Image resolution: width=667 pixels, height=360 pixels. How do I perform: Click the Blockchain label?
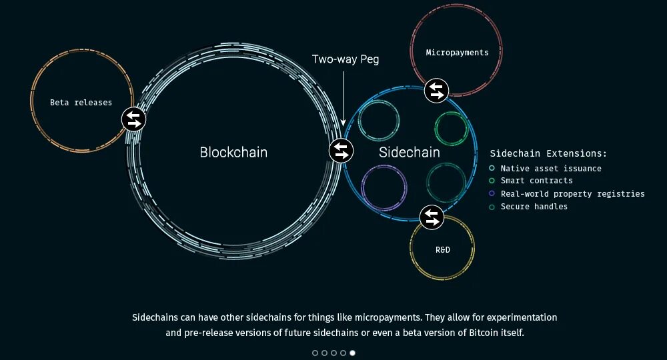233,153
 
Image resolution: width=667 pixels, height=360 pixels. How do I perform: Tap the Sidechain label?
410,153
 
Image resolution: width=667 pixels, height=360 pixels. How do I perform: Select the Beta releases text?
81,103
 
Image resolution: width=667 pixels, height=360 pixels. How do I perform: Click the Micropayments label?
457,53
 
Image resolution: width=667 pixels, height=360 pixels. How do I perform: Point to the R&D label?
442,250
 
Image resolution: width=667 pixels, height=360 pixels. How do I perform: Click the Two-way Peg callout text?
345,59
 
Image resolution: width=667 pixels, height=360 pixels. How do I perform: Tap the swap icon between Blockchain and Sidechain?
341,151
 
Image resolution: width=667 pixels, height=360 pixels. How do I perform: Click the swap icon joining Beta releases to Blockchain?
133,119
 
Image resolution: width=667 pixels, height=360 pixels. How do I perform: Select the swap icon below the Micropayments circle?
436,90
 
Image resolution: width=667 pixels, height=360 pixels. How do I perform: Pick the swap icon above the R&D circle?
432,216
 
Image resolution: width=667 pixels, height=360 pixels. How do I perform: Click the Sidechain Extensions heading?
548,153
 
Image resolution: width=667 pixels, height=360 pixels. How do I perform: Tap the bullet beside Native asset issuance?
492,169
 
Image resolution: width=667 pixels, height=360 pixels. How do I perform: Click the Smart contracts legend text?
536,181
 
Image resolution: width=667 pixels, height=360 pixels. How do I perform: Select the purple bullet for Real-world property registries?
492,194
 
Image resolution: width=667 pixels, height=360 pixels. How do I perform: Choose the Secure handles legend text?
534,207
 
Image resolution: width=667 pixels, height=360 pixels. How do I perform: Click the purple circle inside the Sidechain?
384,187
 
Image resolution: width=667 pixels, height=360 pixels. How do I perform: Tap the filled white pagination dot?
352,353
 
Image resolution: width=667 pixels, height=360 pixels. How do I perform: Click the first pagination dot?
315,353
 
